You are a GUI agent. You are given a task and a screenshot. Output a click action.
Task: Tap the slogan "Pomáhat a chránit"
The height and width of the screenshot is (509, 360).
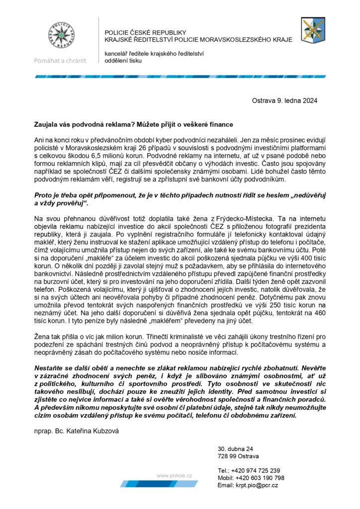pyautogui.click(x=60, y=61)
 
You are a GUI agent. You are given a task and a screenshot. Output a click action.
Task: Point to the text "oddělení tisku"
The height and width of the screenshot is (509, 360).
pyautogui.click(x=123, y=61)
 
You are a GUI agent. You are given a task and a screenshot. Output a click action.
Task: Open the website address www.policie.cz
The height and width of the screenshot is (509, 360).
pyautogui.click(x=175, y=476)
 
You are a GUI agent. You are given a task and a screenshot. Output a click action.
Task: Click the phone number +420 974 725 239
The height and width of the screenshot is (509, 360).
pyautogui.click(x=259, y=470)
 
